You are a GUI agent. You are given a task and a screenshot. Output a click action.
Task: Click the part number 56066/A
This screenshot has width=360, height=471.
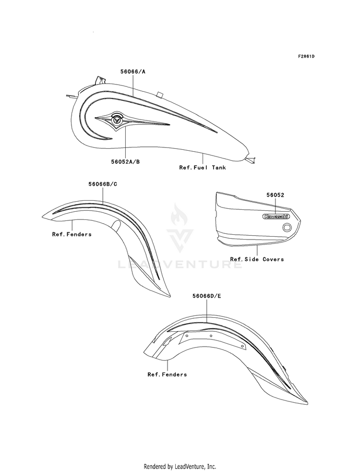pyautogui.click(x=133, y=72)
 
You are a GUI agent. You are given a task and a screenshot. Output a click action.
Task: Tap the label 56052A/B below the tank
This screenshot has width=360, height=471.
pyautogui.click(x=125, y=162)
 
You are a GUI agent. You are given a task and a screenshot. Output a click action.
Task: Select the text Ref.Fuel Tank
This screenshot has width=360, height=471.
pyautogui.click(x=203, y=168)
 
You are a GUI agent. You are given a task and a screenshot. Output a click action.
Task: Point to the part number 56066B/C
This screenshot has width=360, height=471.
pyautogui.click(x=103, y=184)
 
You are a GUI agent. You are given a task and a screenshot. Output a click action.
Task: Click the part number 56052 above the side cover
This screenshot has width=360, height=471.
pyautogui.click(x=276, y=195)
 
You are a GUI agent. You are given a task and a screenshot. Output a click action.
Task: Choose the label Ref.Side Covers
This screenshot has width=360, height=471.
pyautogui.click(x=257, y=259)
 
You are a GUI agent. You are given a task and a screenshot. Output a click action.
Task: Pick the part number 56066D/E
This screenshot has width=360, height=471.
pyautogui.click(x=207, y=296)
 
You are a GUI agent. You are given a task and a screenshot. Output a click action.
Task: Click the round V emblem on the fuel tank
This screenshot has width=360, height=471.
pyautogui.click(x=117, y=120)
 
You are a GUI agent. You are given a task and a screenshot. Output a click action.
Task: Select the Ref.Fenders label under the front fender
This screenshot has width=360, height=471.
pyautogui.click(x=72, y=234)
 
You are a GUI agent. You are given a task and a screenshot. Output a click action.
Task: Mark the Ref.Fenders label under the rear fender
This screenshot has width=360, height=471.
pyautogui.click(x=167, y=374)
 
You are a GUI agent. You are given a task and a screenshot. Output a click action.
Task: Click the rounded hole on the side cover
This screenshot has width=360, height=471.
pyautogui.click(x=287, y=228)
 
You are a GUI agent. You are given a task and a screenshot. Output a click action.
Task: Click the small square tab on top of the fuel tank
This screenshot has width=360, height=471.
pyautogui.click(x=160, y=94)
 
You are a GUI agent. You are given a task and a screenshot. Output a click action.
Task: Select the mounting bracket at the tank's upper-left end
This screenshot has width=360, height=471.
pyautogui.click(x=100, y=81)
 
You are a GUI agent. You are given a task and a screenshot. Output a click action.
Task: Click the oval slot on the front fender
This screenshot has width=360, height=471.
pyautogui.click(x=116, y=224)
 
